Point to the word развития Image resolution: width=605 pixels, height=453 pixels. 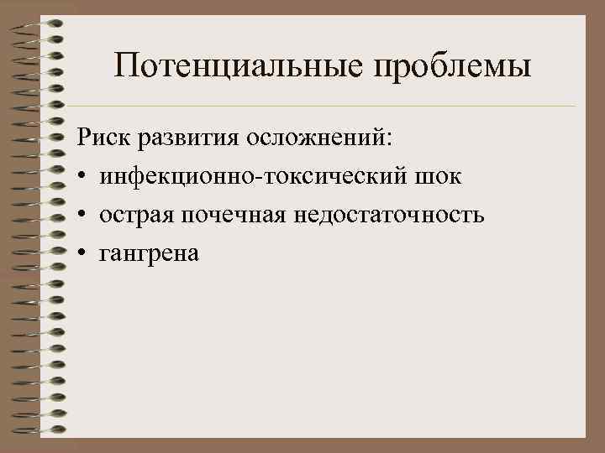pos(183,138)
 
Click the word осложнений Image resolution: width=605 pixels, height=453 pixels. pos(313,138)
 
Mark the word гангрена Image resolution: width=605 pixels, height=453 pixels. pos(149,254)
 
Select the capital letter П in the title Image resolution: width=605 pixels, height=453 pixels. pos(129,64)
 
